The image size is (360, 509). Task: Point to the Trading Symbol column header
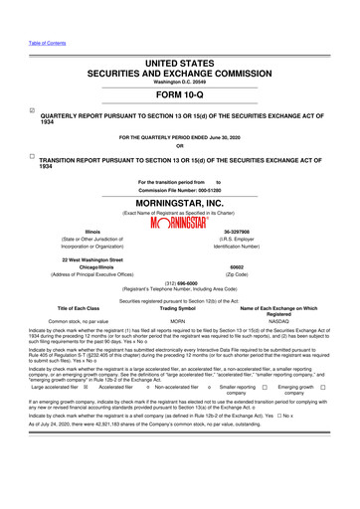tap(181, 335)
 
